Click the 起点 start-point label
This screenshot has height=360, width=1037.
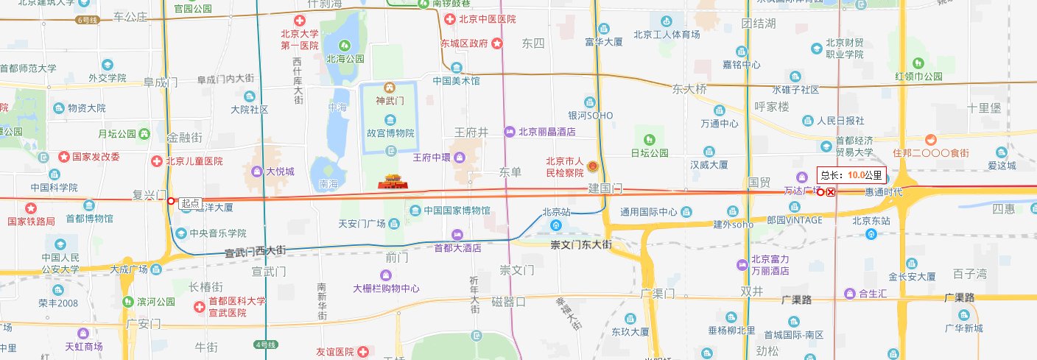191,203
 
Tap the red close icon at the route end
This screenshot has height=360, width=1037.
831,192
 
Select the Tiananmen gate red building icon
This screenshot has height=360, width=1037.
392,180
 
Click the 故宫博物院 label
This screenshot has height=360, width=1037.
391,133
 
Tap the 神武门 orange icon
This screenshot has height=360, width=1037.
391,88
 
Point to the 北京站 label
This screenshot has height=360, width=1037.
556,212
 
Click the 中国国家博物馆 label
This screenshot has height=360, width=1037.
457,211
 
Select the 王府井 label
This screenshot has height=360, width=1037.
471,133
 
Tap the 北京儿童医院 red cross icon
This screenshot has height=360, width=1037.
156,161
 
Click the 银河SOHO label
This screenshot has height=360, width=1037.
591,116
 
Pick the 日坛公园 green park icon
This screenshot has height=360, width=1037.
649,140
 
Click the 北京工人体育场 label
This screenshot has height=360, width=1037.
667,34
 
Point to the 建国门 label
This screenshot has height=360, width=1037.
605,189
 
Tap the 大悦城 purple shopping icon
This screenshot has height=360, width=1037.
257,172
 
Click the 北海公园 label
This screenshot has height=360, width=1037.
345,59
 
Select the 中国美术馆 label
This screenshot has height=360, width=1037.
456,81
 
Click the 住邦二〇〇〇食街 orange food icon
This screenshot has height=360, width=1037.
932,139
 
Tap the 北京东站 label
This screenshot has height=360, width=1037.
871,220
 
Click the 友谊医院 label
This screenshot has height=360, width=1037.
335,352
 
